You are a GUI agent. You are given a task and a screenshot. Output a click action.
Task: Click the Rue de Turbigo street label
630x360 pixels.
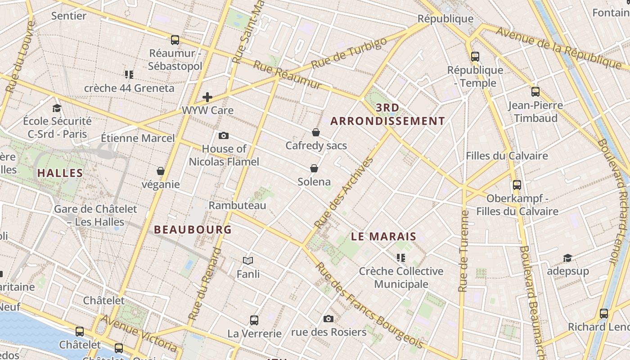click(349, 53)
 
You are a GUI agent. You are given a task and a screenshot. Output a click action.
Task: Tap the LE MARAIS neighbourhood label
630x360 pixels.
click(383, 236)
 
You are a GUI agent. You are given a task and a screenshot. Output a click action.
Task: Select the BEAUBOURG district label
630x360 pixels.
click(193, 229)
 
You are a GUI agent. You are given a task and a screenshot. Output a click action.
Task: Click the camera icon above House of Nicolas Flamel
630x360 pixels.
click(223, 135)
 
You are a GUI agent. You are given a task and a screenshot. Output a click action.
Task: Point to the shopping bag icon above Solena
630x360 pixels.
click(314, 168)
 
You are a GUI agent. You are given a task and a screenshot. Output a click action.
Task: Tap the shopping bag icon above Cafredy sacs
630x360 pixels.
click(316, 132)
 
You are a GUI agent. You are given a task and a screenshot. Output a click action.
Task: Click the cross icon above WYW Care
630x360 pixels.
click(207, 97)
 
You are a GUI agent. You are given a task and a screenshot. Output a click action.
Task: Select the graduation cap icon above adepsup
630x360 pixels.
click(567, 258)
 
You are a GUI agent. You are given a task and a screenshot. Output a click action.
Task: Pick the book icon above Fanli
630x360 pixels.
click(248, 261)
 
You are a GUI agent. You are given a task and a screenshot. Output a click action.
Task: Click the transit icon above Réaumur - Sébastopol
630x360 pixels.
click(175, 40)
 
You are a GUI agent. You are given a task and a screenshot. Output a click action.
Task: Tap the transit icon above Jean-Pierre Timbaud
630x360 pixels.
click(535, 92)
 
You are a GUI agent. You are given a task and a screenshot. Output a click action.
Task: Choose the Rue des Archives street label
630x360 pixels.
click(344, 192)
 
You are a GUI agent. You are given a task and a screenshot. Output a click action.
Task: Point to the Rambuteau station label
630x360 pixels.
click(237, 205)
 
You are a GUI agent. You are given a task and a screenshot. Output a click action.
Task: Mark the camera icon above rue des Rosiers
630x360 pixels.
click(328, 319)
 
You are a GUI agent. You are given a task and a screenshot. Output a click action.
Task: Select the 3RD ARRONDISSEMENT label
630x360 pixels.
click(387, 114)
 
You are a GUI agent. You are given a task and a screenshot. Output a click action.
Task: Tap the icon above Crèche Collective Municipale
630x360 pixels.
click(400, 258)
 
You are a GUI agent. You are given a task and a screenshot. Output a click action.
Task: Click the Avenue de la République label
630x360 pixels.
click(558, 46)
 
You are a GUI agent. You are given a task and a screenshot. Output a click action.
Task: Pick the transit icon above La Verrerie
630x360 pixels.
click(254, 320)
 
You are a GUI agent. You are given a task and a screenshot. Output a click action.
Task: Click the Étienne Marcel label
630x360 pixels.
click(137, 138)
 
